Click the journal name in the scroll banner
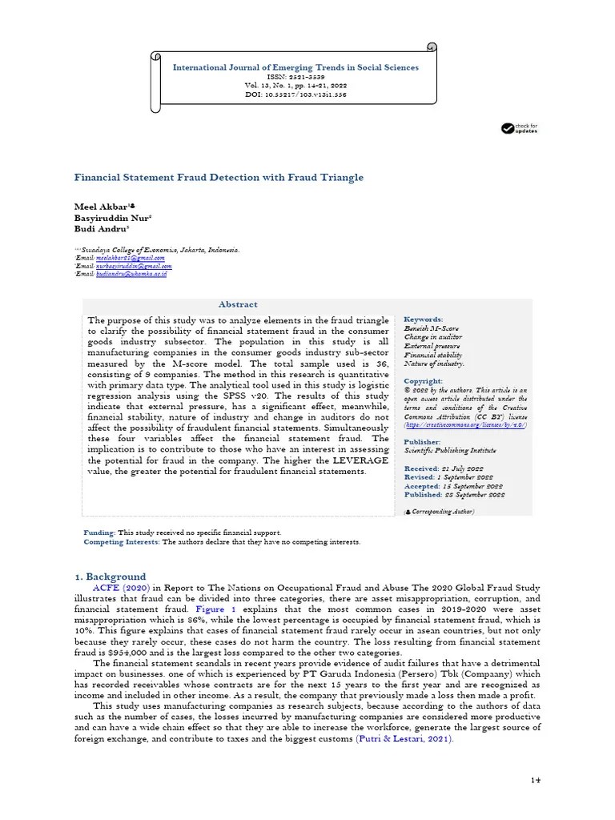coord(295,67)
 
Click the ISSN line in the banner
coord(295,76)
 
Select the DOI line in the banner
coord(295,94)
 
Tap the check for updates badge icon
coord(508,128)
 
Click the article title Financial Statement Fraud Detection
coord(219,177)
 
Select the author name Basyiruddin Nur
coord(112,217)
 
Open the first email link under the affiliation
coord(130,258)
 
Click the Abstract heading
coord(238,304)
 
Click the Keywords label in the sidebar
coord(424,319)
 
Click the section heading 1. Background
coord(111,576)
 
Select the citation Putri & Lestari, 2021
coord(404,739)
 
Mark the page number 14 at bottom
coord(536,780)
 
